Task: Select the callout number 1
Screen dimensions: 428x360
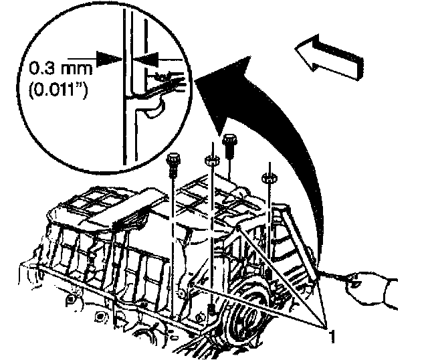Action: (330, 330)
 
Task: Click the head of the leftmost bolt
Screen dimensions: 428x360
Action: (174, 159)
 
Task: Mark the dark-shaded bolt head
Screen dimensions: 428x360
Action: (231, 142)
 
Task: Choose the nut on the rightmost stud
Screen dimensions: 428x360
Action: (270, 178)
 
